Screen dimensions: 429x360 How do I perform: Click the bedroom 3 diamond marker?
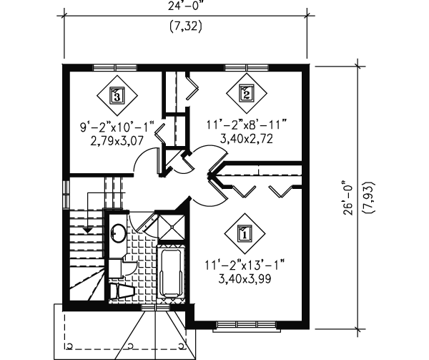[117, 95]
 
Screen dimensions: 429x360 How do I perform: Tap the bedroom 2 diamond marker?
[247, 94]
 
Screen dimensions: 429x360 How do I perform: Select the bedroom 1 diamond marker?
[245, 233]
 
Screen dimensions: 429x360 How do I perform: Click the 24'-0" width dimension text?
[187, 6]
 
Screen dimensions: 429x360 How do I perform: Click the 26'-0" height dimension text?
[348, 198]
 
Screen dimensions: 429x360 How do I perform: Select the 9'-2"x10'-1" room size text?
[117, 127]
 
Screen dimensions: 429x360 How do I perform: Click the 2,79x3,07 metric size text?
[117, 141]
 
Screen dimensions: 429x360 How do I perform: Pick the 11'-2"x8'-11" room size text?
[246, 125]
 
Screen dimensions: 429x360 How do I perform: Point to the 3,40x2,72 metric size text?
[247, 139]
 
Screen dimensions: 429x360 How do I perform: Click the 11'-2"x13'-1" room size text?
[245, 265]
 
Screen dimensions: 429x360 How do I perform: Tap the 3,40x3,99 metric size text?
[245, 279]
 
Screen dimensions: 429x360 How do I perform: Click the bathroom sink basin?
[118, 233]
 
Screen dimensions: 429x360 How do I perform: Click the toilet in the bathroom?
[122, 291]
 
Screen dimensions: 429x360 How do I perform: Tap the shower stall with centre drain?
[172, 227]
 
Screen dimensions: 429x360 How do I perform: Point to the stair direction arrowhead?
[87, 230]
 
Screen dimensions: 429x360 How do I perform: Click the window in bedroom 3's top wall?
[115, 67]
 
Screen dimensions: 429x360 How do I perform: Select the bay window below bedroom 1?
[247, 326]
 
